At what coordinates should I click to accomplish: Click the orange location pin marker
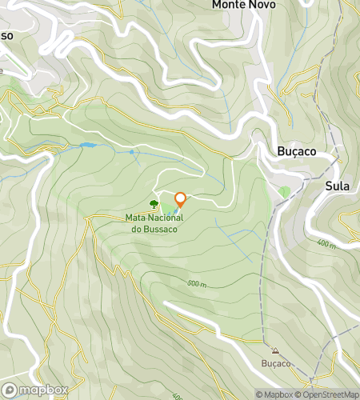pyautogui.click(x=180, y=200)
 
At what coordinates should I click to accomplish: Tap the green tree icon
pyautogui.click(x=154, y=205)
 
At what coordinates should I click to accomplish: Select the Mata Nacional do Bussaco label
pyautogui.click(x=154, y=223)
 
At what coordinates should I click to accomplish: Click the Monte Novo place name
pyautogui.click(x=243, y=5)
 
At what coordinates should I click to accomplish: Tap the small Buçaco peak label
pyautogui.click(x=276, y=364)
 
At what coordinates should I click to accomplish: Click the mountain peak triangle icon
pyautogui.click(x=276, y=351)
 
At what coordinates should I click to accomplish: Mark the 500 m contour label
pyautogui.click(x=198, y=284)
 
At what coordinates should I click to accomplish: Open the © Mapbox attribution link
pyautogui.click(x=274, y=394)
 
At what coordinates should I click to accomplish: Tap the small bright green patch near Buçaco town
pyautogui.click(x=284, y=192)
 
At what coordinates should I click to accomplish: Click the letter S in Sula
pyautogui.click(x=328, y=186)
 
